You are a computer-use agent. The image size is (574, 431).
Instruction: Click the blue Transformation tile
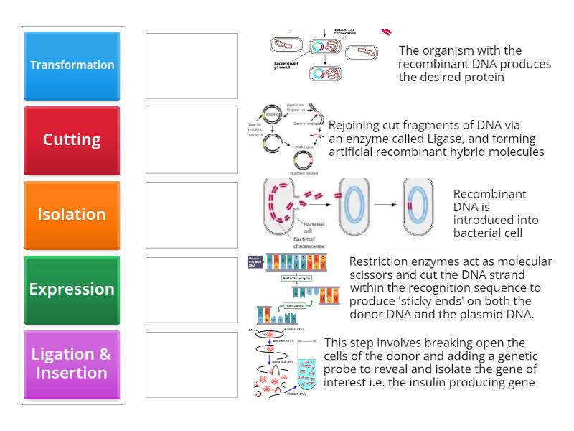pyautogui.click(x=72, y=65)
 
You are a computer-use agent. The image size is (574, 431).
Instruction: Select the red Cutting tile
pyautogui.click(x=72, y=139)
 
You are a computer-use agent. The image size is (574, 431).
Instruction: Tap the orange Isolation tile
pyautogui.click(x=72, y=214)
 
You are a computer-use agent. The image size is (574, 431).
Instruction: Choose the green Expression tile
pyautogui.click(x=72, y=289)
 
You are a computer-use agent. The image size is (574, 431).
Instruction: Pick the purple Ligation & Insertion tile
pyautogui.click(x=72, y=363)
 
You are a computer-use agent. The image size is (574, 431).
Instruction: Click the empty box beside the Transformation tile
pyautogui.click(x=192, y=65)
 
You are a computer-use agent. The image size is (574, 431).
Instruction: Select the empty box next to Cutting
pyautogui.click(x=192, y=140)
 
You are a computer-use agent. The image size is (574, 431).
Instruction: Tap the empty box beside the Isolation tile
pyautogui.click(x=192, y=215)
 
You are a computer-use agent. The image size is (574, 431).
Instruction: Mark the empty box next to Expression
pyautogui.click(x=192, y=289)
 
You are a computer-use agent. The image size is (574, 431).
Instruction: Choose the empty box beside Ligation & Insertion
pyautogui.click(x=192, y=364)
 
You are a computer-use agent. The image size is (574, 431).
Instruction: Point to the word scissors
pyautogui.click(x=373, y=274)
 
